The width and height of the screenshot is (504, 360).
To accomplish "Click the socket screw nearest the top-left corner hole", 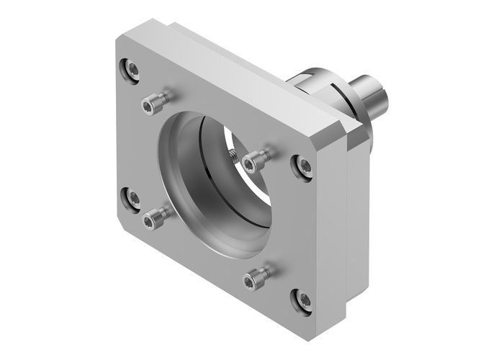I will [150, 105].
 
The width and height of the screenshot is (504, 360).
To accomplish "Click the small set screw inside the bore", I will [233, 154].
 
